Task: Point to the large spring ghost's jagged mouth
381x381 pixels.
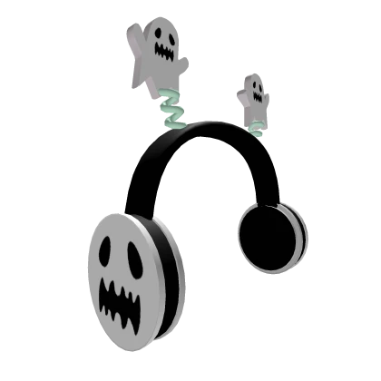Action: coord(165,54)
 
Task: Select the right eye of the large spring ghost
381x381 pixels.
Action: coord(172,37)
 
